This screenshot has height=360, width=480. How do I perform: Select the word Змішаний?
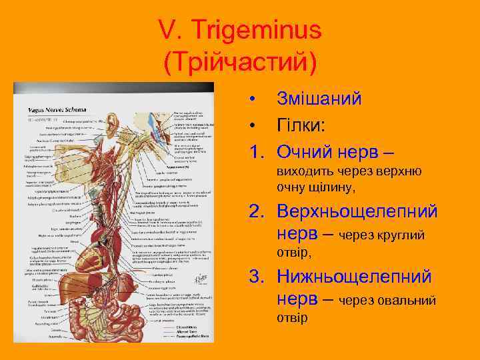[319, 99]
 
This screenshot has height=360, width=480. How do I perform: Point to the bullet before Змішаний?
[254, 99]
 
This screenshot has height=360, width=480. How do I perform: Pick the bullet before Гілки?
[254, 125]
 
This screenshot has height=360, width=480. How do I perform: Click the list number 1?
[255, 151]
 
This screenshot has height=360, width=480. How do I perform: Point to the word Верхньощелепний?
[357, 211]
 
